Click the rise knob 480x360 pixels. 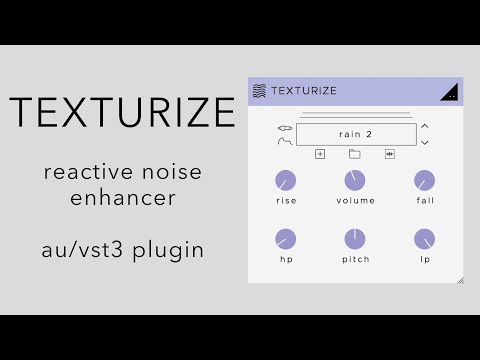pos(285,181)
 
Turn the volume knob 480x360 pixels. pos(354,181)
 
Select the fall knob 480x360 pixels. pos(425,181)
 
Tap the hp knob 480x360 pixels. pos(285,239)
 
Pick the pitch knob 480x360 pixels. pos(354,239)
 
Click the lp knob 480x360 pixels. pos(425,239)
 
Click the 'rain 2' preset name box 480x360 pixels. pos(354,134)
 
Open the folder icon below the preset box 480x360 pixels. pos(354,154)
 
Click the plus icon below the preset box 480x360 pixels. pos(320,154)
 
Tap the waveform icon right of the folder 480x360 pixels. pos(389,154)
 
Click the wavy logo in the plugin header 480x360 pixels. pos(259,91)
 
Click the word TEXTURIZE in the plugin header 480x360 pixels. pos(304,91)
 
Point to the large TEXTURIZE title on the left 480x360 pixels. pos(122,113)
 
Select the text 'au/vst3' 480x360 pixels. pos(83,249)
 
